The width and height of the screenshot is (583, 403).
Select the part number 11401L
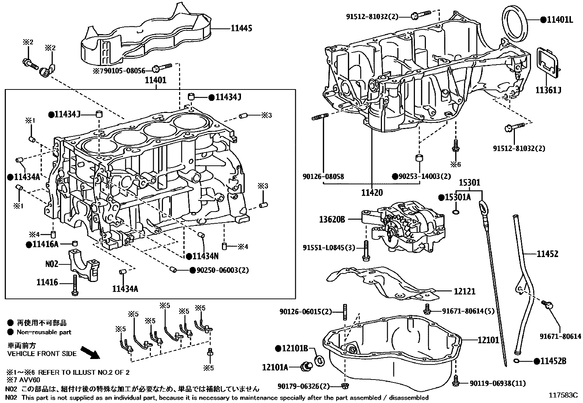559,19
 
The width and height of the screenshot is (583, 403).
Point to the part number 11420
372,193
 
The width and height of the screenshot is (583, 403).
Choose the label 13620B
332,219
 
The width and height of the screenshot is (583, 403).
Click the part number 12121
464,292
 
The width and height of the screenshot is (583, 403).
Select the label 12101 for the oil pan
488,340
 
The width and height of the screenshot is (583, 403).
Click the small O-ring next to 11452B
517,362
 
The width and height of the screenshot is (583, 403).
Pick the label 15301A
457,197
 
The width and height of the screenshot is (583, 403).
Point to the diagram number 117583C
562,395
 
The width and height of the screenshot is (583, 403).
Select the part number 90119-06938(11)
498,384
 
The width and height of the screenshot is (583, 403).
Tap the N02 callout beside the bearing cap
52,264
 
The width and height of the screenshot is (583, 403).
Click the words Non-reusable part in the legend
44,332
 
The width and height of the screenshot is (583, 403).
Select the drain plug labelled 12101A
306,366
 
